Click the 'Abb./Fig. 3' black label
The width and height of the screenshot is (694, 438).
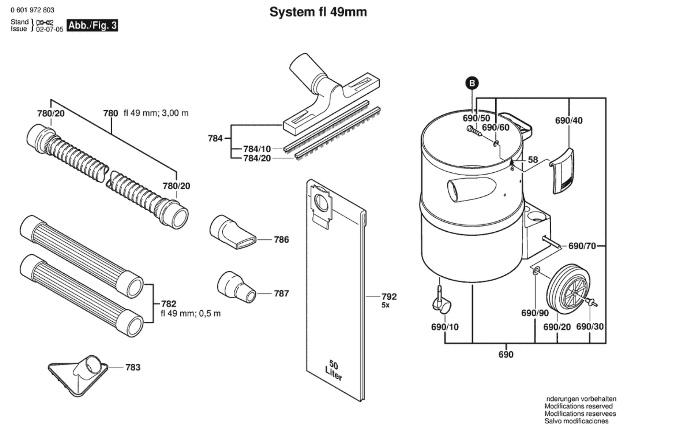click(92, 25)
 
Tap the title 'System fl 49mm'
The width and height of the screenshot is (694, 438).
click(318, 12)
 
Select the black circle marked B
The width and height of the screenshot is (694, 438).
click(472, 83)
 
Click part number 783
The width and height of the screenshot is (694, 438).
click(133, 367)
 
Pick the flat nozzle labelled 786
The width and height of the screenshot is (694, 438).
click(232, 232)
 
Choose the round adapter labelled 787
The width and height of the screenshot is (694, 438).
click(237, 287)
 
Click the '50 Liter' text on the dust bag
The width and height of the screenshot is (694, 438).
click(333, 370)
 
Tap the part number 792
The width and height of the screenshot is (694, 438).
click(389, 296)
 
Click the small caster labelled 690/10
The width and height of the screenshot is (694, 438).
click(441, 303)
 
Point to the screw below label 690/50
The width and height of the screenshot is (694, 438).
click(474, 131)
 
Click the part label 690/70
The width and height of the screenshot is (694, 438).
click(582, 246)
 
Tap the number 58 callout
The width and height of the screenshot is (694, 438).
click(533, 159)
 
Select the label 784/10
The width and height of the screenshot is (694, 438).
click(257, 149)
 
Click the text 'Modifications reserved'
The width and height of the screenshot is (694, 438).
click(578, 406)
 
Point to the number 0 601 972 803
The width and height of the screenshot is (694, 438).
click(32, 10)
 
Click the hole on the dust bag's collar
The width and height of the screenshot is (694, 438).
click(321, 203)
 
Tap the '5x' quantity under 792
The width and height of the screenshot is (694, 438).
click(386, 305)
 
